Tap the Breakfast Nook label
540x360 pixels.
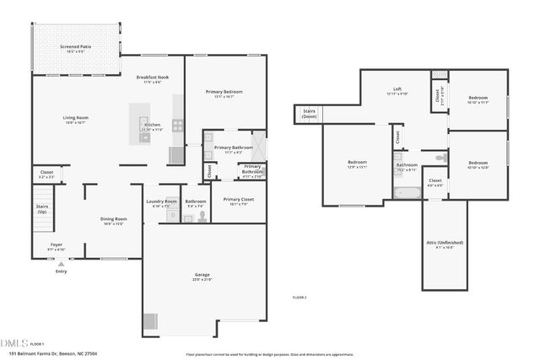tap(153, 77)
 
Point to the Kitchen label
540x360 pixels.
tap(153, 125)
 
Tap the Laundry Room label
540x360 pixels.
tap(161, 201)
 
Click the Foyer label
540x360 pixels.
tap(57, 244)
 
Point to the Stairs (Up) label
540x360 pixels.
tap(41, 207)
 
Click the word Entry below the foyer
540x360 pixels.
tap(61, 271)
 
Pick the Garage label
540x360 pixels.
tap(202, 275)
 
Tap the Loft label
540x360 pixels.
tap(397, 89)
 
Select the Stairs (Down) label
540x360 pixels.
tap(310, 114)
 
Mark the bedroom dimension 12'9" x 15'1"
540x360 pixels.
tap(357, 166)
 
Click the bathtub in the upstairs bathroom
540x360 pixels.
tap(406, 192)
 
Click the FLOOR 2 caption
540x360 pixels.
tap(300, 298)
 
